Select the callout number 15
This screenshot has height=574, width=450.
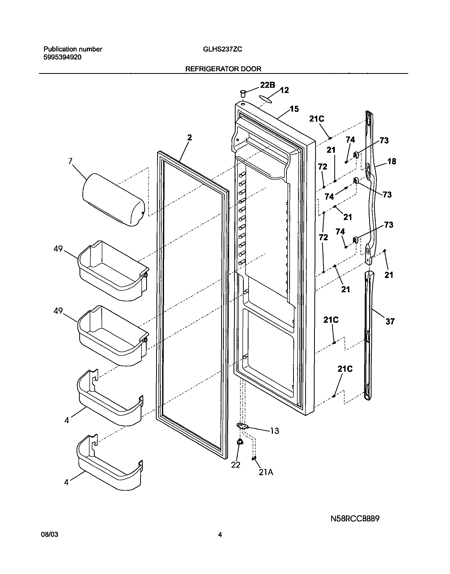tap(294, 109)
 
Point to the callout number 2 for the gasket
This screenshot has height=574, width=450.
tap(189, 138)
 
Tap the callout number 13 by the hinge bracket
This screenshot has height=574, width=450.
tap(274, 431)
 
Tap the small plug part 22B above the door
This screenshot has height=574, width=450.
tap(243, 93)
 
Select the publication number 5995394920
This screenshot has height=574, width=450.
tap(62, 57)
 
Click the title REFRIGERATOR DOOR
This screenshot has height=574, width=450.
tap(223, 69)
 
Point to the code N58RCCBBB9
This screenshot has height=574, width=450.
tap(355, 519)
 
